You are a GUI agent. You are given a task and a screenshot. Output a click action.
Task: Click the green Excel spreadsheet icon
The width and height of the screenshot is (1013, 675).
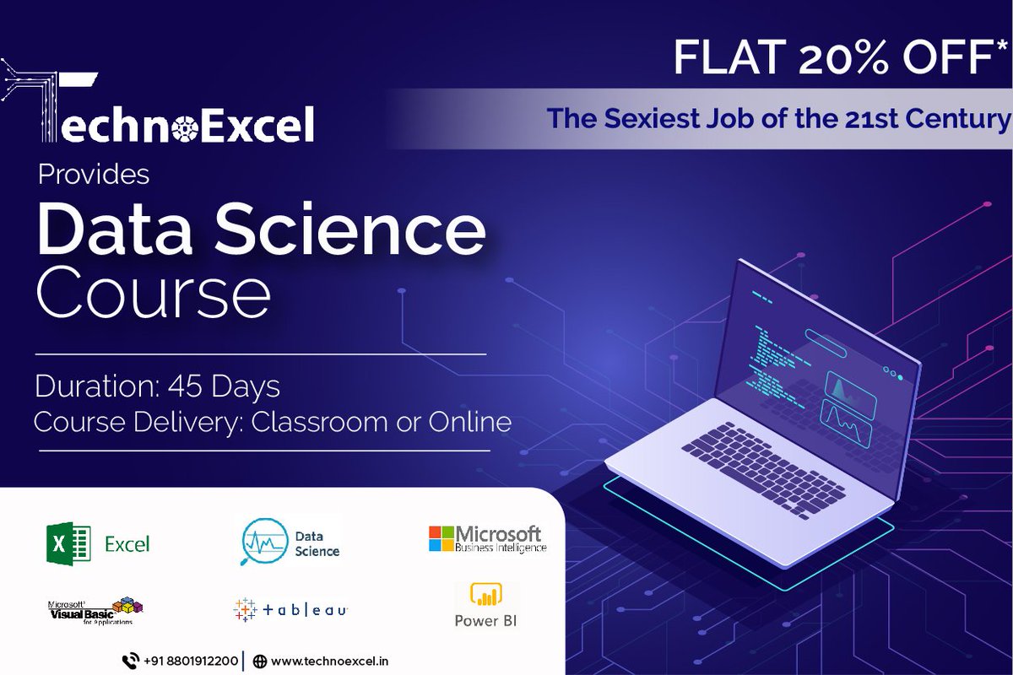(68, 543)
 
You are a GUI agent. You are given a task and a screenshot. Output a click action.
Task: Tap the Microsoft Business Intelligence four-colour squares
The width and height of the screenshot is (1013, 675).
(441, 538)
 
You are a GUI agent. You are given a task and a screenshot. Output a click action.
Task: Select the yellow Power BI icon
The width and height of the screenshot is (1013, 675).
(485, 594)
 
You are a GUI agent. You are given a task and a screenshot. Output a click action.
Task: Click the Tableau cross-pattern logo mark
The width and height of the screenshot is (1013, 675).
(245, 608)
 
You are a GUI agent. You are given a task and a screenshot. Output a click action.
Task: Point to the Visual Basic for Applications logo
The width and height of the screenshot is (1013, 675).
(95, 611)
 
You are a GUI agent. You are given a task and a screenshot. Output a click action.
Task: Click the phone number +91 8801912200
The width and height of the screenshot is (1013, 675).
(190, 661)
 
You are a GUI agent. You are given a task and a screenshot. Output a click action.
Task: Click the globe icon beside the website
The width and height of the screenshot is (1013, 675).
(260, 661)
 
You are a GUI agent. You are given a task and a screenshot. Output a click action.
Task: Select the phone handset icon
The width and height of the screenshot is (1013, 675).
(130, 661)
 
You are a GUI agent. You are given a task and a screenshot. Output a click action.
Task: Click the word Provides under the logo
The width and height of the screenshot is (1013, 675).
(93, 175)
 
